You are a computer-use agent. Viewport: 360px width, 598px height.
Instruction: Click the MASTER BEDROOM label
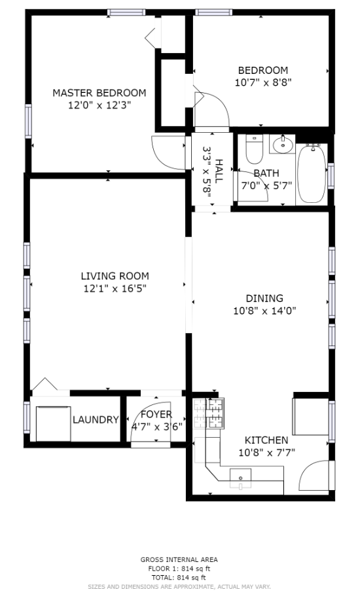99,93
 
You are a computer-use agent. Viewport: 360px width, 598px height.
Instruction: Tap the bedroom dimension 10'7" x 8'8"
262,82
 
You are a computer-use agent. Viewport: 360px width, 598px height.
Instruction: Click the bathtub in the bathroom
312,173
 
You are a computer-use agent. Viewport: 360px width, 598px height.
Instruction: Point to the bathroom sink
283,144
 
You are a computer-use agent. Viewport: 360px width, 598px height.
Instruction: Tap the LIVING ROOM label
115,276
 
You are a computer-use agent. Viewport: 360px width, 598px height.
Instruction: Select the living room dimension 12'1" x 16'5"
115,288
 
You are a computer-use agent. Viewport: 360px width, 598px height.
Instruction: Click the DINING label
264,298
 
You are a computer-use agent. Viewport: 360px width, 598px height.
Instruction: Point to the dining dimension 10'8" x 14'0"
264,311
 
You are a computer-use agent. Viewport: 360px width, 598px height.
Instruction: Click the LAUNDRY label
96,420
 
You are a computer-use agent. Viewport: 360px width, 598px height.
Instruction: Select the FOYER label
156,415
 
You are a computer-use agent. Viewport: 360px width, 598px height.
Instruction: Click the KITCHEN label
266,440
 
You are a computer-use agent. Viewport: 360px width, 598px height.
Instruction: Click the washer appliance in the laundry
52,423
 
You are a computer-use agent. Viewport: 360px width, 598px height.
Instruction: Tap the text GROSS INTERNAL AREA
179,559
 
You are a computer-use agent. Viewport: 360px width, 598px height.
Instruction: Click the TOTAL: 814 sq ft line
179,577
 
